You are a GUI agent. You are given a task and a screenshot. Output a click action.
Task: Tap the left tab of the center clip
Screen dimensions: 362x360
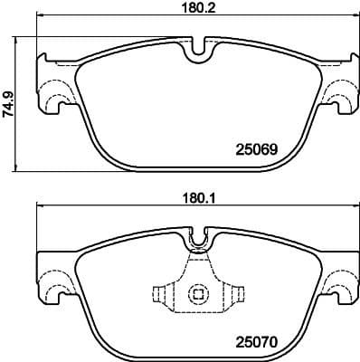160,294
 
